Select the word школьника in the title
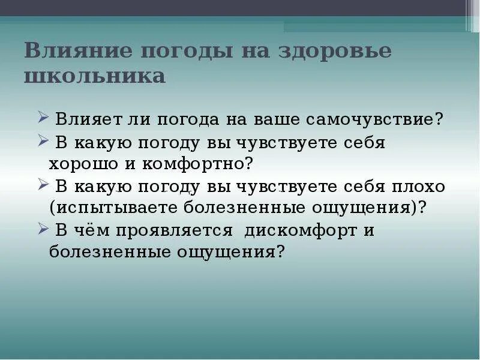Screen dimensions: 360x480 click(95, 77)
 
